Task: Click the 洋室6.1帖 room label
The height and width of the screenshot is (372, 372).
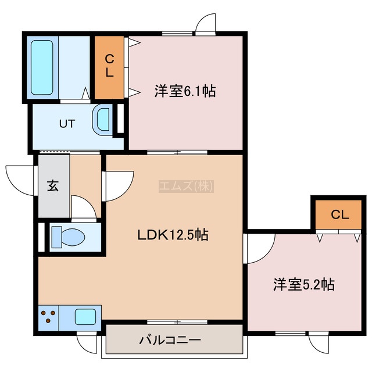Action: coord(185,91)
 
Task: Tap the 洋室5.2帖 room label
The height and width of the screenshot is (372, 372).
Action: coord(304,284)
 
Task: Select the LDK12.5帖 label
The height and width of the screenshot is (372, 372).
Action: coord(173,235)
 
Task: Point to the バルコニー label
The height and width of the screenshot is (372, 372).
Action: coord(170,341)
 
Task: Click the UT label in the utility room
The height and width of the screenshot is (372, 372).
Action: coord(67,124)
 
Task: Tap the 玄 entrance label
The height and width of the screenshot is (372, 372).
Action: coord(53,186)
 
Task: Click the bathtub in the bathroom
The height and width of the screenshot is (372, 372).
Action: coord(42,67)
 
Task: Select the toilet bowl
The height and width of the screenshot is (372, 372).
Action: coord(69,237)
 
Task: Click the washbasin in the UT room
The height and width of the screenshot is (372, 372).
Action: coord(102,119)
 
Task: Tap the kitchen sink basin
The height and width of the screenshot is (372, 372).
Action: coord(85,317)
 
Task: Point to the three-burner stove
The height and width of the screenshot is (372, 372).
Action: coord(48,317)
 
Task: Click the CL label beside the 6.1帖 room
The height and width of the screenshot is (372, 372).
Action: coord(109,66)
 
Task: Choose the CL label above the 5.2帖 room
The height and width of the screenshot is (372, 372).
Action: coord(339,214)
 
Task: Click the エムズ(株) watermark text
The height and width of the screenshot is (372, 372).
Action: coord(186,186)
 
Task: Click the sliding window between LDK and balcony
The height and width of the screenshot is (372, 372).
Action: coord(177,322)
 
